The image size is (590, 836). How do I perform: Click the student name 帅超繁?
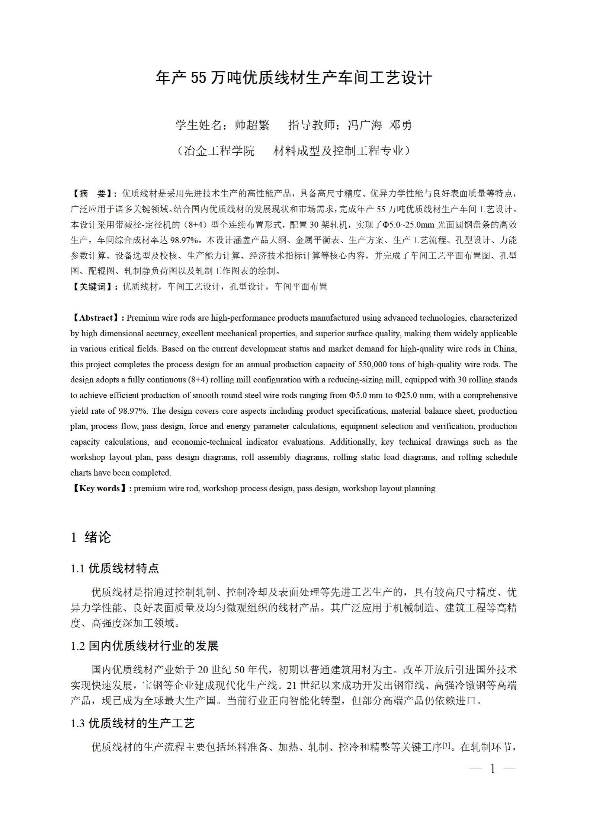pyautogui.click(x=252, y=125)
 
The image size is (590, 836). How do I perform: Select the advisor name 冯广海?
pyautogui.click(x=365, y=125)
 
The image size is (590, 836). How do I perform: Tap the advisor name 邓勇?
pyautogui.click(x=400, y=125)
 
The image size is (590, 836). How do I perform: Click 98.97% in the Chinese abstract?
pyautogui.click(x=184, y=240)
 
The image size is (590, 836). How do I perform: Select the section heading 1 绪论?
pyautogui.click(x=91, y=537)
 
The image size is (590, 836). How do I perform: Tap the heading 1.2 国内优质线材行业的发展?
pyautogui.click(x=144, y=646)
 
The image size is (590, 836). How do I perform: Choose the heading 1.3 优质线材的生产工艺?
pyautogui.click(x=132, y=723)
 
